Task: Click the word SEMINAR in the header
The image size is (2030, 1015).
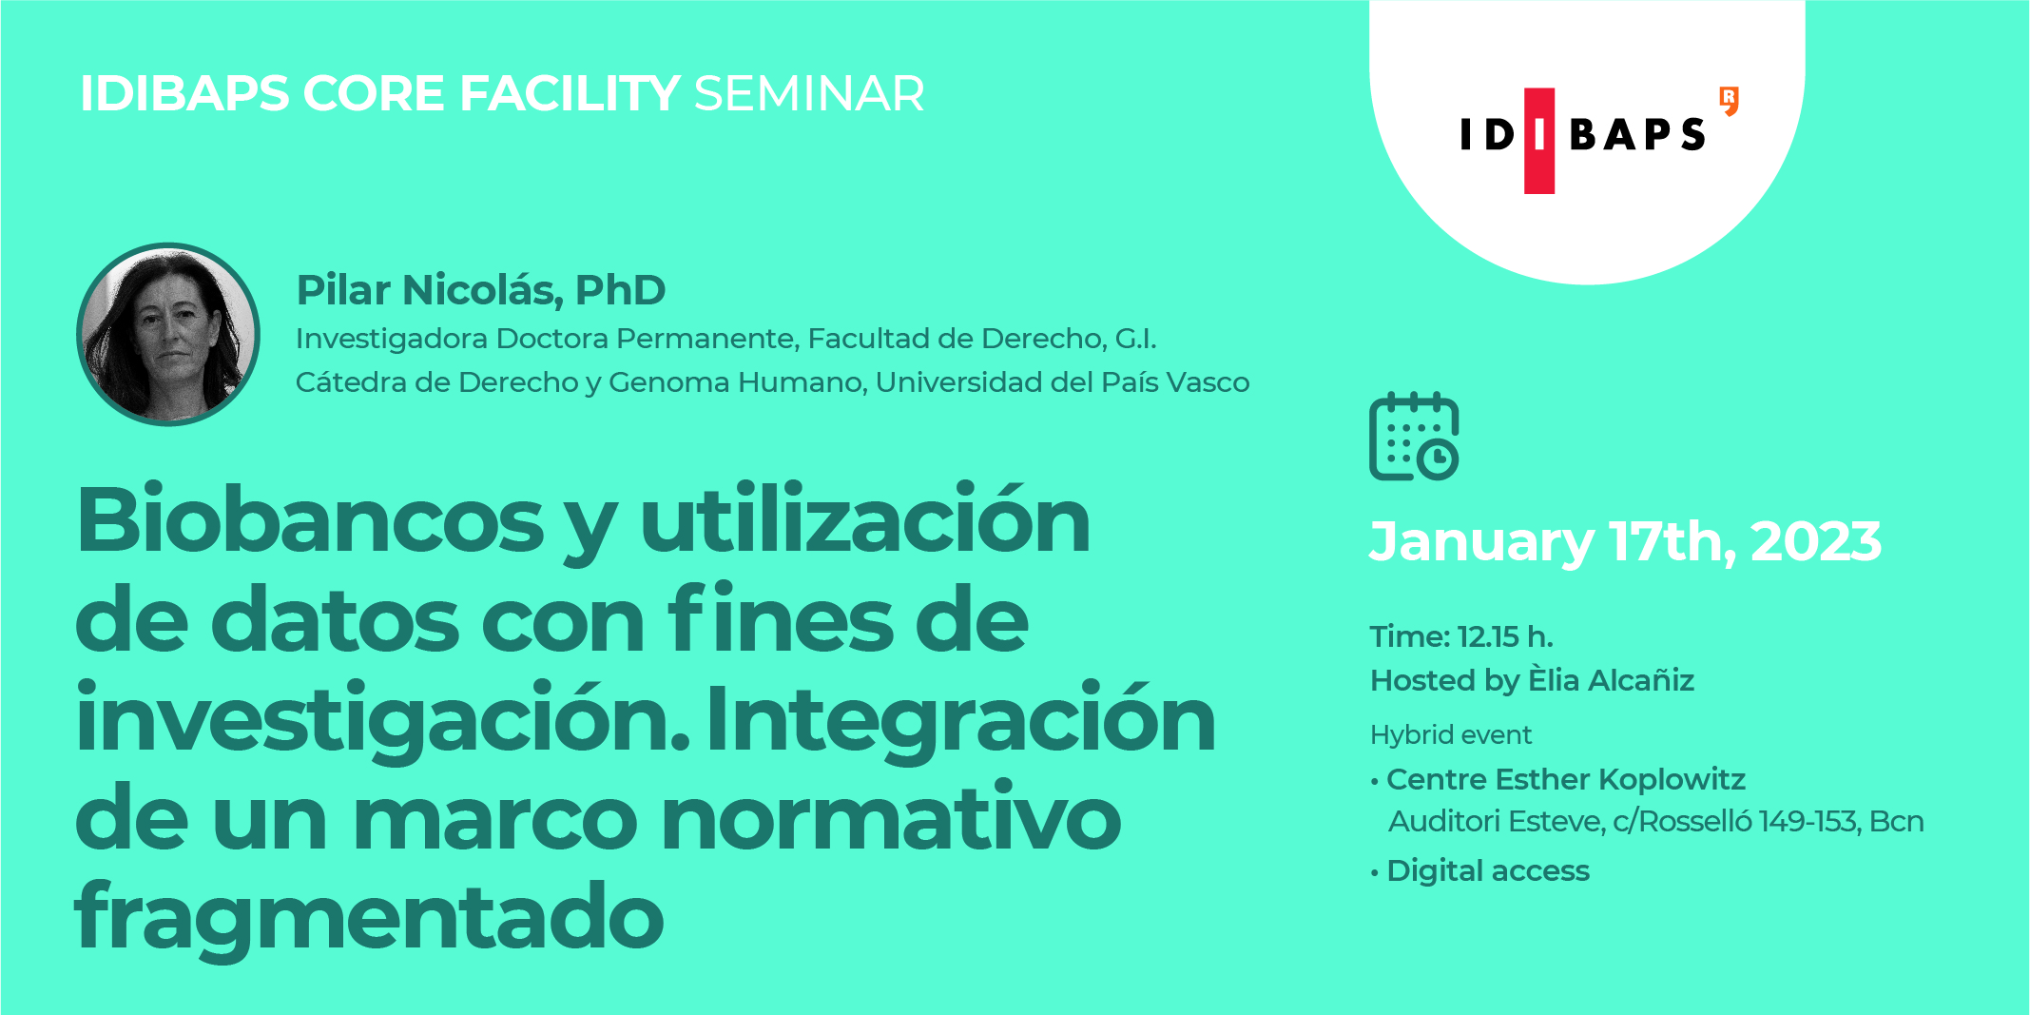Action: (x=809, y=94)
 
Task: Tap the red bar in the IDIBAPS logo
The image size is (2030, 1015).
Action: (x=1538, y=141)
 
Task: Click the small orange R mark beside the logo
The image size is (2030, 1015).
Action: (x=1730, y=100)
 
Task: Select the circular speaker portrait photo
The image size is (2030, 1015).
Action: (x=168, y=334)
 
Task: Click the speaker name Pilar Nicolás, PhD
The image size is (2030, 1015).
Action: (x=481, y=290)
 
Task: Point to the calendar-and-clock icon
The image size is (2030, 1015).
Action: (x=1414, y=437)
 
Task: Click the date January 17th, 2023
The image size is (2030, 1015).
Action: (x=1625, y=541)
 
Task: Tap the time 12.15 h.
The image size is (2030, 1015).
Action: (x=1505, y=636)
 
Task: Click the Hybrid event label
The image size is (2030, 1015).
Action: (x=1451, y=734)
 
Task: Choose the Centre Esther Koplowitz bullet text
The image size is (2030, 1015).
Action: (x=1566, y=779)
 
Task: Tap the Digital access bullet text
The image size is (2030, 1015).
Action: (x=1488, y=870)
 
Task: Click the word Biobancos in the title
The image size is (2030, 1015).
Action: (x=310, y=520)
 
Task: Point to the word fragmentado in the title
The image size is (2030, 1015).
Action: (x=369, y=915)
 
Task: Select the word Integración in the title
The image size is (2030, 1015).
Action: (x=960, y=719)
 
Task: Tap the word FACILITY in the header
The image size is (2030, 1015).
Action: (x=570, y=94)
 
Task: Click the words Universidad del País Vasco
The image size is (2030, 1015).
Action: (x=1062, y=382)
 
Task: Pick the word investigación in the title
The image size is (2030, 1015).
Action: (x=382, y=719)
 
